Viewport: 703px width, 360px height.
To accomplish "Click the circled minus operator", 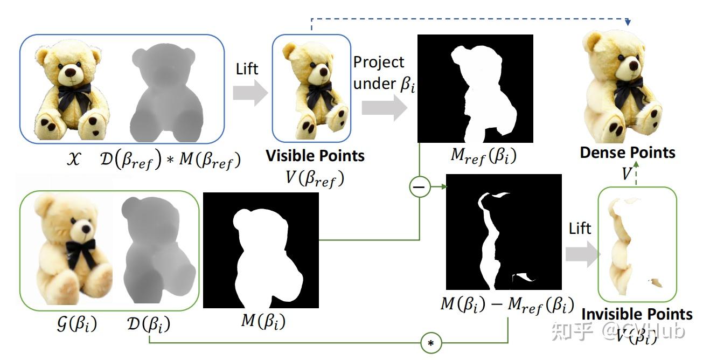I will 419,187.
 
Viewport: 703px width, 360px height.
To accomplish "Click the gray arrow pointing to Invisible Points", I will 582,254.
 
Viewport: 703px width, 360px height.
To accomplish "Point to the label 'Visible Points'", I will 315,156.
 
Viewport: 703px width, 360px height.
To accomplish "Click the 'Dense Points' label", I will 628,153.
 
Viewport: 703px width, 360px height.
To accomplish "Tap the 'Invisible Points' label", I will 637,314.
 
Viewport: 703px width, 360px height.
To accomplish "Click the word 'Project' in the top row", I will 379,62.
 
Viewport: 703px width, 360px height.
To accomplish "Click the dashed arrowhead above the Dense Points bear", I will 628,24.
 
